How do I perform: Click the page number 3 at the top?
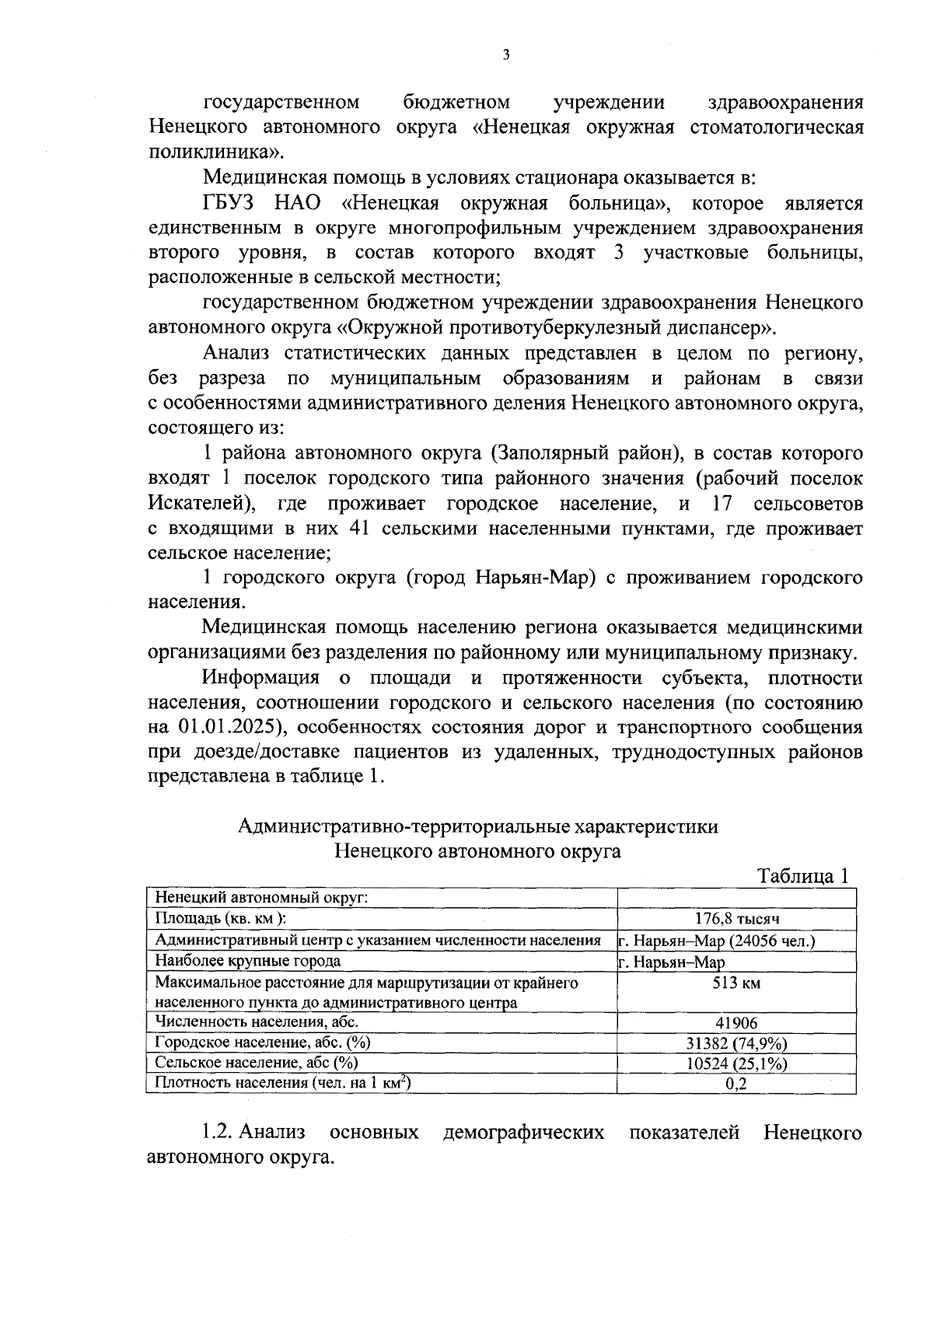506,54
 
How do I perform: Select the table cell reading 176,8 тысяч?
736,919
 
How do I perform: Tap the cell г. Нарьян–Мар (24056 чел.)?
716,941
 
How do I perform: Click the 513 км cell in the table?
736,983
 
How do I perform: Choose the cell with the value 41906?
736,1023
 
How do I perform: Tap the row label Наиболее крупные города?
248,961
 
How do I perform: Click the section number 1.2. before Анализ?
218,1133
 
